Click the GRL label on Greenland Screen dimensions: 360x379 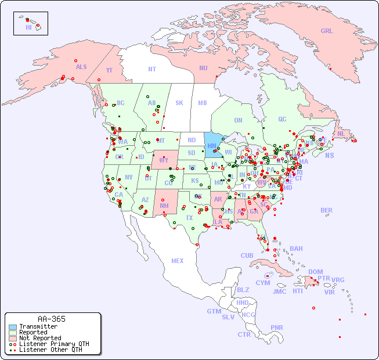click(x=327, y=31)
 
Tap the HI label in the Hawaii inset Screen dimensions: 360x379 click(x=28, y=27)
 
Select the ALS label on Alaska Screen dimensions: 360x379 click(x=81, y=67)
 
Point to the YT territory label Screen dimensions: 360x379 click(x=109, y=70)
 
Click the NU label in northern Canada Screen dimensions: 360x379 click(x=203, y=68)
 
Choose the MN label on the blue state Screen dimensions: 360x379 click(x=212, y=145)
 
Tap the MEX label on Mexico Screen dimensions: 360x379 click(x=178, y=261)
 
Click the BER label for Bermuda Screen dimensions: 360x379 click(x=327, y=210)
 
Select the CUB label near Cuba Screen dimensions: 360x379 click(x=247, y=255)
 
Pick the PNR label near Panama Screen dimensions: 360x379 click(x=277, y=327)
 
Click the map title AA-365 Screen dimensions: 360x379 click(x=52, y=319)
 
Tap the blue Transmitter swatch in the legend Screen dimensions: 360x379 click(x=13, y=327)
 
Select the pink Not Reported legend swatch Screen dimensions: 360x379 click(x=13, y=338)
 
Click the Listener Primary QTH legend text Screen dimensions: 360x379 click(x=54, y=344)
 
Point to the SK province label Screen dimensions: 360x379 click(x=179, y=103)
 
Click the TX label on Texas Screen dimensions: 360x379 click(x=189, y=218)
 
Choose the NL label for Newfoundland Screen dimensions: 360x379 click(x=341, y=134)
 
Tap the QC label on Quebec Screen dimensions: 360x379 click(x=282, y=119)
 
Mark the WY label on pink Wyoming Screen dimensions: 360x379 click(x=164, y=160)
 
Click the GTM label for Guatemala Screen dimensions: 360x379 click(x=214, y=311)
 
